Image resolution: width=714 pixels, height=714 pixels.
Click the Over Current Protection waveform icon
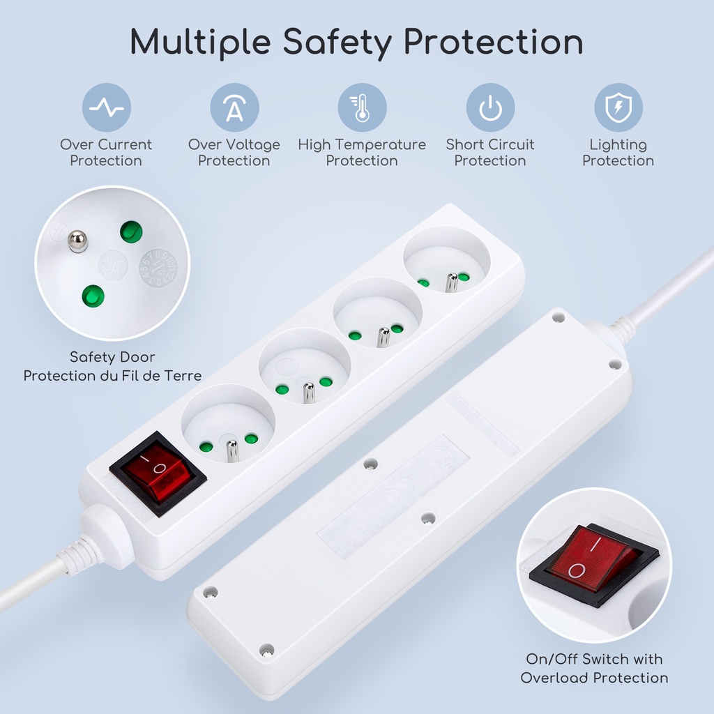[x=107, y=107]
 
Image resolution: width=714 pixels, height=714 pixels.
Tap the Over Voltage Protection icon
[x=234, y=107]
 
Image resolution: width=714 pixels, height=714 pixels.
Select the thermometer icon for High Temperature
[x=362, y=107]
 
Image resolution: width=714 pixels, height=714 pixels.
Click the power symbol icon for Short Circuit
[x=490, y=107]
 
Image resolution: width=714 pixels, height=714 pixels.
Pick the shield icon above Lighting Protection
[x=618, y=107]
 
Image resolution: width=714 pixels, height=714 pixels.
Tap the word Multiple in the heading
[x=200, y=43]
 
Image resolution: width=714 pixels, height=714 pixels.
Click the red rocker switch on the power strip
[x=157, y=473]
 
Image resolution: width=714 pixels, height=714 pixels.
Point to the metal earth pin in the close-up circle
[x=77, y=241]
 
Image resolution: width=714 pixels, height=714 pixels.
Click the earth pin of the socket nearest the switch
[x=231, y=450]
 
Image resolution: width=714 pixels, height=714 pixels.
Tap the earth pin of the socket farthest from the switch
[x=452, y=282]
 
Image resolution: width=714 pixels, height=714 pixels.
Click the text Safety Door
[x=112, y=356]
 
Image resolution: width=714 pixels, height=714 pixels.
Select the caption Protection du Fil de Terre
[x=112, y=376]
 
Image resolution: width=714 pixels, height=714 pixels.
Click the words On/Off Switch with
[x=594, y=659]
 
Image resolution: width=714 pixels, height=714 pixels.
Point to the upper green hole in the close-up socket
[x=131, y=232]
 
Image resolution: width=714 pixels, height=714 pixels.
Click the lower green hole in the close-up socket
[x=93, y=296]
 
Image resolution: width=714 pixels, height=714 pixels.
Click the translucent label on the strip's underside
[x=393, y=496]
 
